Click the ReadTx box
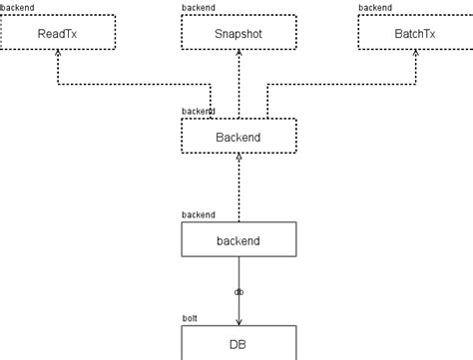(x=57, y=33)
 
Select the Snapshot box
(x=238, y=33)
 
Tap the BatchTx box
(x=415, y=33)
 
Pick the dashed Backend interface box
(x=238, y=136)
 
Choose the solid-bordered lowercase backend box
(x=238, y=240)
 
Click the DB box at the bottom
(x=238, y=343)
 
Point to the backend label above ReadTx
(x=17, y=8)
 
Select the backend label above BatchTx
(x=375, y=8)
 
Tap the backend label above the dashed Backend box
(x=198, y=111)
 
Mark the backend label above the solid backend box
(x=198, y=214)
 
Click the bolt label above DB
(x=190, y=318)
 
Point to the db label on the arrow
(x=238, y=292)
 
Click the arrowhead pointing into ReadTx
(x=59, y=56)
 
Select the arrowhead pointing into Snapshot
(x=238, y=56)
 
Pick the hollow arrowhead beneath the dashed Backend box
(x=238, y=159)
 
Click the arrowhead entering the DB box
(x=238, y=320)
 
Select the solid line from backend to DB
(x=238, y=274)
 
